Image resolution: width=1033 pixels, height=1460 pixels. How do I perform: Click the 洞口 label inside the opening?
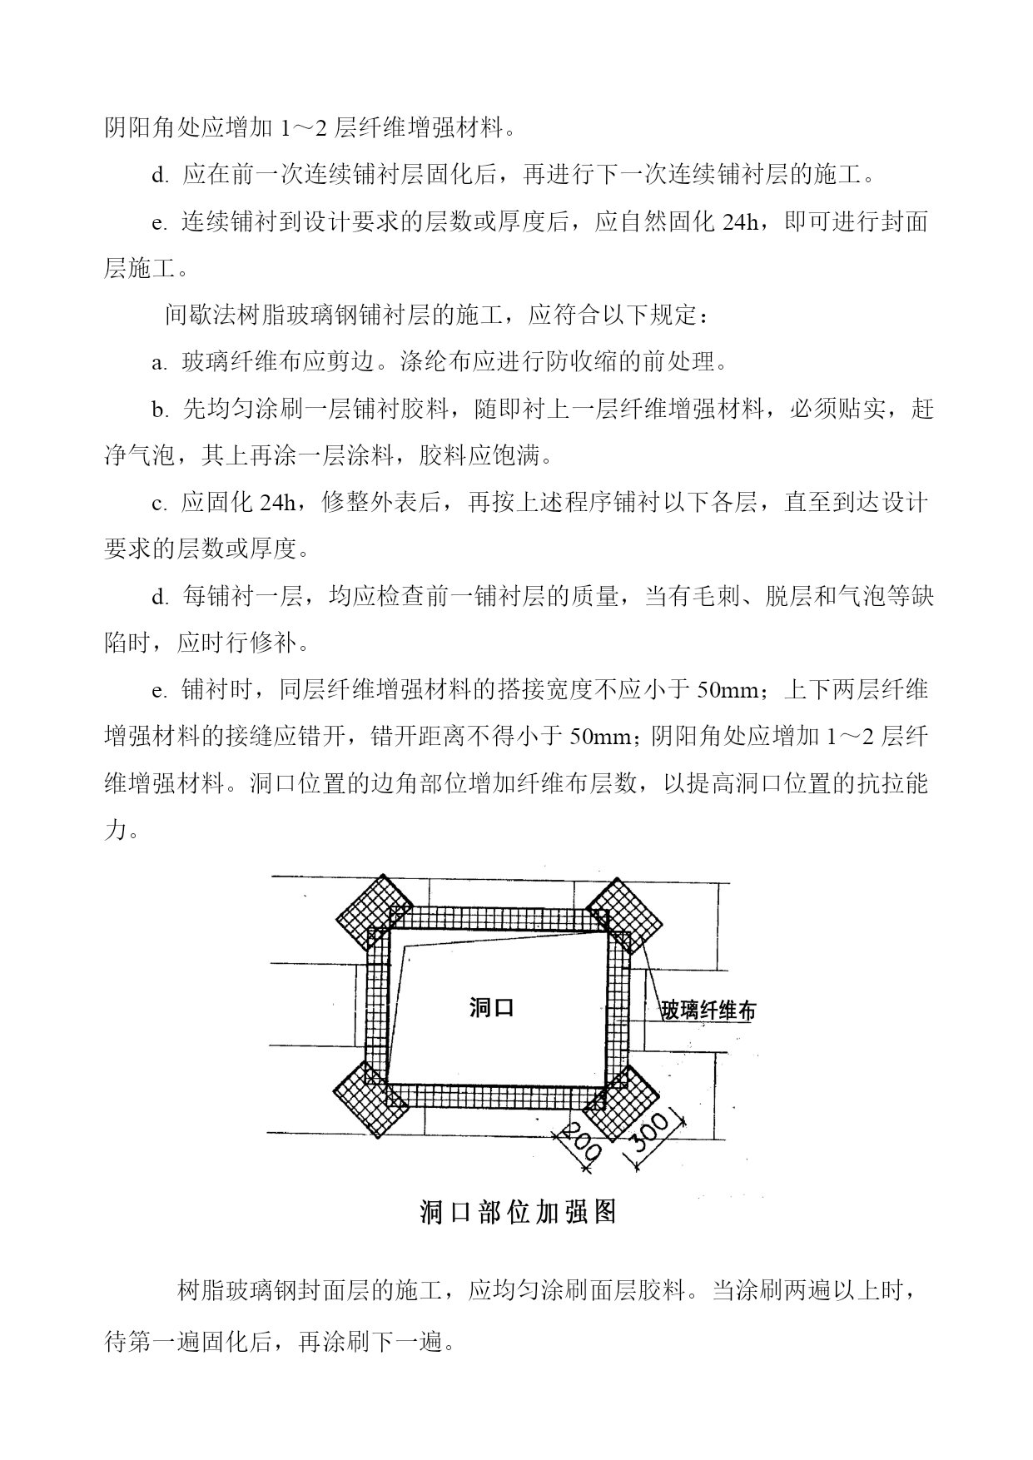(x=492, y=1008)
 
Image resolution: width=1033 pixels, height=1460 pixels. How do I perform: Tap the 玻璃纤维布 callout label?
(x=708, y=1011)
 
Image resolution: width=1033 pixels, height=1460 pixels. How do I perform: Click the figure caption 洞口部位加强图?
(x=518, y=1212)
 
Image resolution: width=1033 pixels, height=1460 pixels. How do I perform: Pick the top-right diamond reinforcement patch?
(x=623, y=916)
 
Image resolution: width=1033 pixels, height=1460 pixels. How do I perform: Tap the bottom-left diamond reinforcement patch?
(x=372, y=1099)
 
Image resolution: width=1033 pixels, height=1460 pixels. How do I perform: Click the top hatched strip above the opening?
(x=498, y=918)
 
